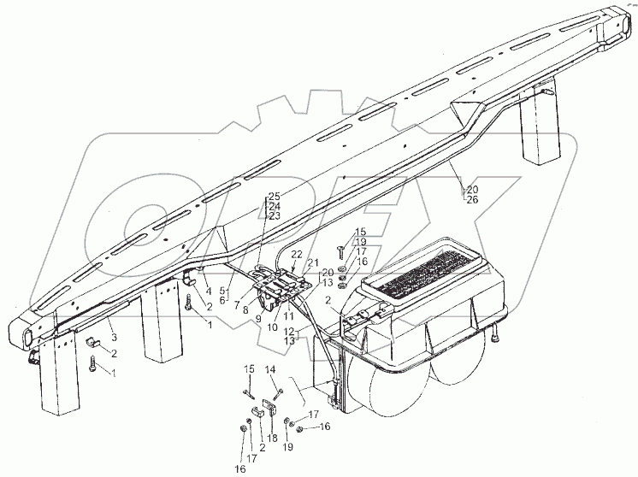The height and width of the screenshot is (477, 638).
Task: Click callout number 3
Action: pyautogui.click(x=114, y=338)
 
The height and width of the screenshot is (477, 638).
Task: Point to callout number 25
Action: pyautogui.click(x=274, y=197)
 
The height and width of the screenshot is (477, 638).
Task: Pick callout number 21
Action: pyautogui.click(x=313, y=262)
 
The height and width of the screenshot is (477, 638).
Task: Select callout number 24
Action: pyautogui.click(x=274, y=206)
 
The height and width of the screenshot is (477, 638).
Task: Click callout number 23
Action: pyautogui.click(x=274, y=216)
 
